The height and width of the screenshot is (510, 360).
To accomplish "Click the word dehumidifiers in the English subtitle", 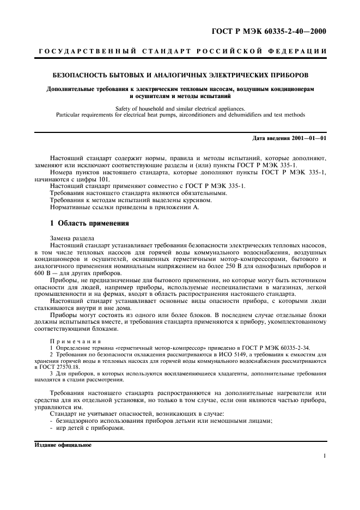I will coord(233,114).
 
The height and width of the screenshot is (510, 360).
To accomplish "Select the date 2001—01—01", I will coord(308,138).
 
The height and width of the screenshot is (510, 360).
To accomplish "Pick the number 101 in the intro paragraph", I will coord(103,179).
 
